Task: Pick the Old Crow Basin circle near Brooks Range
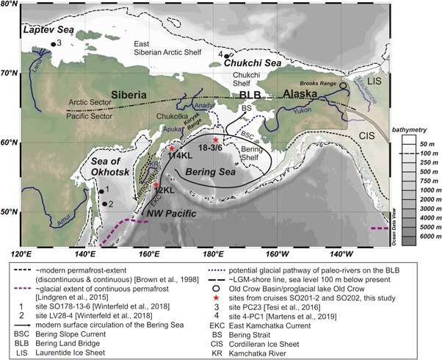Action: (343, 86)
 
